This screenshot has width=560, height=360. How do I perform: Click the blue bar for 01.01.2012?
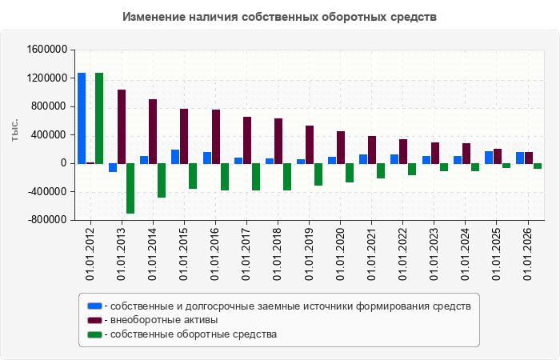tap(82, 118)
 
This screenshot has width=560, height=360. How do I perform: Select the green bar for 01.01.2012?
tap(99, 118)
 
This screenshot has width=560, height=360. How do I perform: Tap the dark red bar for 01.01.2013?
tap(122, 126)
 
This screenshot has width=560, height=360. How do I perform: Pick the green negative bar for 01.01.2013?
tap(130, 189)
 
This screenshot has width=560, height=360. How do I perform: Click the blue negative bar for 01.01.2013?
tap(113, 168)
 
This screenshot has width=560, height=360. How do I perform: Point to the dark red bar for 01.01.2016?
tap(216, 137)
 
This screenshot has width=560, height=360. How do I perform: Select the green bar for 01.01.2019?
tap(318, 174)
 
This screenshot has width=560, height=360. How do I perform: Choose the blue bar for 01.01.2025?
tap(489, 158)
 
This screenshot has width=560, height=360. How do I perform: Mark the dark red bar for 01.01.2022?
tap(403, 151)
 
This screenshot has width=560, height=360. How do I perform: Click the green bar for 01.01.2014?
tap(162, 181)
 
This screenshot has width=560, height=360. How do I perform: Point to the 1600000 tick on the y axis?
tap(47, 50)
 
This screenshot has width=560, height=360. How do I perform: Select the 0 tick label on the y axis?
tap(64, 163)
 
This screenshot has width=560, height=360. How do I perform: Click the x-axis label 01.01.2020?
tap(340, 254)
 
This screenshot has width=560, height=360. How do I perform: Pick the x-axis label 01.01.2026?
tap(528, 254)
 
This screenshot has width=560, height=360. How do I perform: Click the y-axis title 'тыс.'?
tap(14, 130)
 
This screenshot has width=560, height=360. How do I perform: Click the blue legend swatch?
tap(94, 306)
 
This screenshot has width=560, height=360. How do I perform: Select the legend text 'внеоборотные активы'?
tap(164, 320)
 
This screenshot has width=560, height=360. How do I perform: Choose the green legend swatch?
tap(94, 334)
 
